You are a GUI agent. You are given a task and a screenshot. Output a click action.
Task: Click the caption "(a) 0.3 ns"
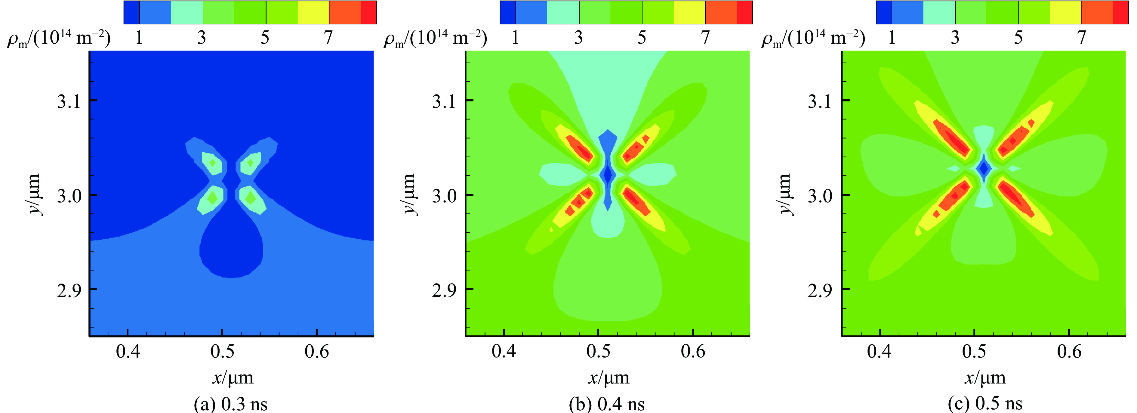pos(230,404)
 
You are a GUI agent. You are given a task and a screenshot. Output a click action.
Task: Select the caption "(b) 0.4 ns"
pos(607,404)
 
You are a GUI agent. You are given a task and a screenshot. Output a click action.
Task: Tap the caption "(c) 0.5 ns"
pos(985,404)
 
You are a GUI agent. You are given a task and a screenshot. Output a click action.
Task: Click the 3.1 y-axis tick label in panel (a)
pos(69,101)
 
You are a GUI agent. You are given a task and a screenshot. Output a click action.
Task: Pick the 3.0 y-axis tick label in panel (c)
pos(820,196)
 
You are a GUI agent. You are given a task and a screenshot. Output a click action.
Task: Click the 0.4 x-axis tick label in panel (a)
pos(128,352)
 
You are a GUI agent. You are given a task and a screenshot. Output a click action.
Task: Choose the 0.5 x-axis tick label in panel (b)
pos(598,352)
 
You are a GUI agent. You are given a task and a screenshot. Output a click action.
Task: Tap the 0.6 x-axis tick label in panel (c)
pos(1069,352)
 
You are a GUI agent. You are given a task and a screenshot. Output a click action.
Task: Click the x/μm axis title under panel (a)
pos(233,378)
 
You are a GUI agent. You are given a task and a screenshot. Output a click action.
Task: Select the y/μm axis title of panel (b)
pos(410,194)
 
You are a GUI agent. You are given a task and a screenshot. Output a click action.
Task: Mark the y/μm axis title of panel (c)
pos(785,194)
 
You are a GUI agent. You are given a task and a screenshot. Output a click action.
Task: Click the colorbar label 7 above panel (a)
pos(328,38)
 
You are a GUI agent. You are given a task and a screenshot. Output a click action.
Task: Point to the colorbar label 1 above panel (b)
pos(515,38)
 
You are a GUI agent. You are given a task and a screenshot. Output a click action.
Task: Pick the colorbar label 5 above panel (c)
pos(1018,38)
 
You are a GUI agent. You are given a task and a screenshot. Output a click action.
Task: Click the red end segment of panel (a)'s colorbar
pos(368,12)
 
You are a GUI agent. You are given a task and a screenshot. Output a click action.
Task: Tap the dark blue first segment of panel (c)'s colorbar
pos(884,12)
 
